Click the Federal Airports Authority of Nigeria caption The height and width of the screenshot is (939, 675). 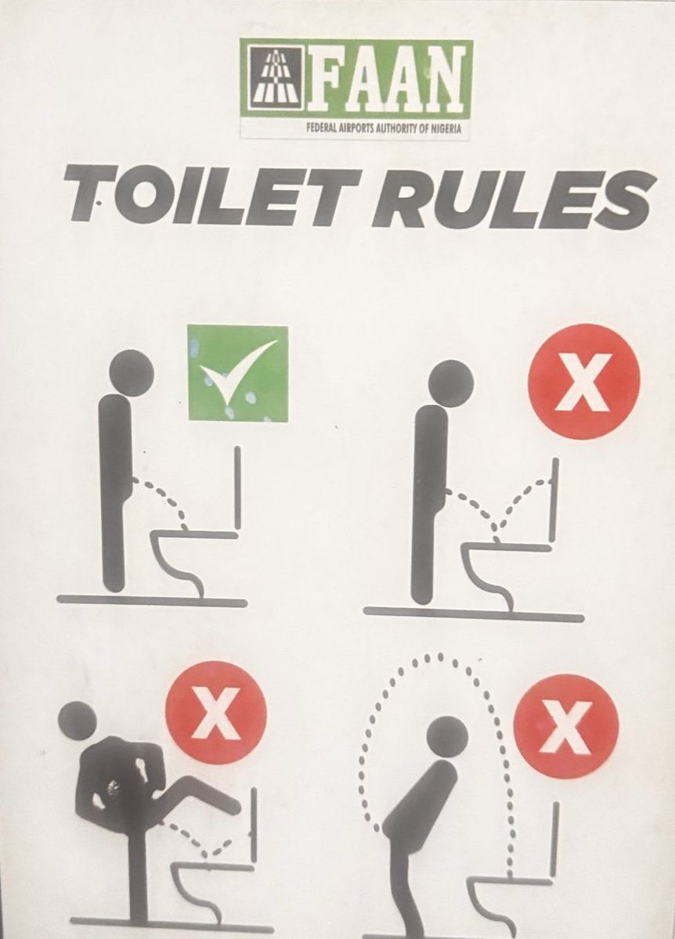(384, 129)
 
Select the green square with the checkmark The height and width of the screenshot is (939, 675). (237, 372)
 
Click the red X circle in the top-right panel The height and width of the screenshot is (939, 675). (583, 381)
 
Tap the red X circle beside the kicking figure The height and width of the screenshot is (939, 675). (215, 713)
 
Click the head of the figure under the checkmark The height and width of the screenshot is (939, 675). (132, 372)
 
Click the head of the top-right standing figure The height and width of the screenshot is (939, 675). (451, 383)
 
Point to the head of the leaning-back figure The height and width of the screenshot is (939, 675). (447, 736)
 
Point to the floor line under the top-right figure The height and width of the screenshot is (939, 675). (473, 613)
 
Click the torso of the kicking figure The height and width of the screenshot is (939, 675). (117, 782)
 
